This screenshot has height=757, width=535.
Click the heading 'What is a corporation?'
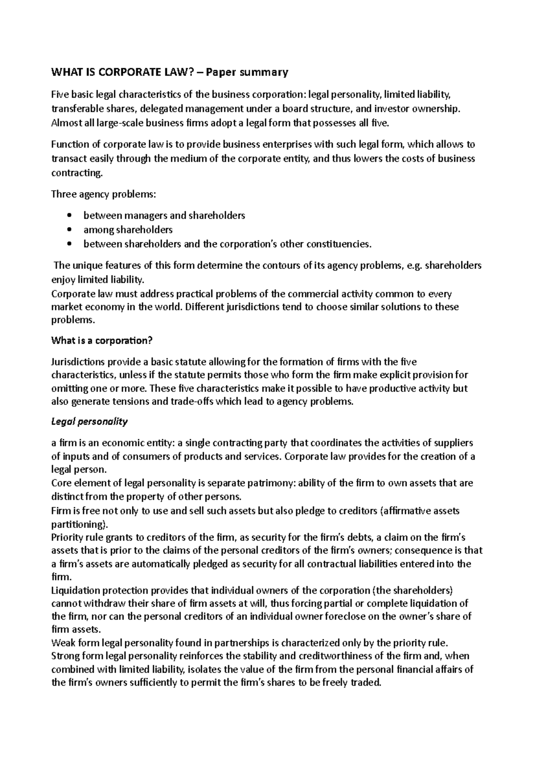click(x=102, y=341)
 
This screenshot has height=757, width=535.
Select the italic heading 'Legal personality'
click(x=90, y=421)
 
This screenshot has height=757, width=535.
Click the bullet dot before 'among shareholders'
click(x=68, y=230)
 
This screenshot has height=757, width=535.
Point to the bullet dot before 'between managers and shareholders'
click(x=68, y=216)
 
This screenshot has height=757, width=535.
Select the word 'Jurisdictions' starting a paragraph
click(x=78, y=362)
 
